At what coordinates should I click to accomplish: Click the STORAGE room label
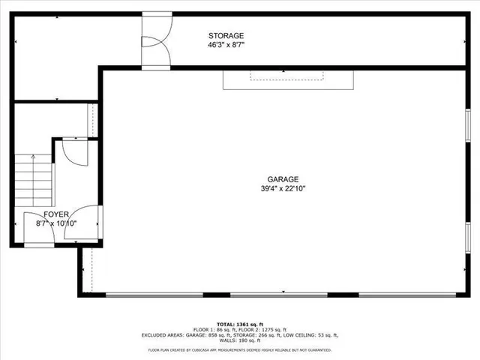pyautogui.click(x=226, y=35)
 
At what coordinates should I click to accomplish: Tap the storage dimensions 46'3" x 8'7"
pyautogui.click(x=226, y=45)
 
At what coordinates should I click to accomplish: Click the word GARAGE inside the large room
pyautogui.click(x=283, y=179)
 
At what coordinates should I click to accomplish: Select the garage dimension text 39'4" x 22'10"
pyautogui.click(x=283, y=189)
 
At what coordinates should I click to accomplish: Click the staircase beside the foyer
pyautogui.click(x=33, y=180)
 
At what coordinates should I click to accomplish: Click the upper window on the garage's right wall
pyautogui.click(x=467, y=130)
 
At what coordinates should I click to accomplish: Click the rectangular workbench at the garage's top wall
pyautogui.click(x=287, y=79)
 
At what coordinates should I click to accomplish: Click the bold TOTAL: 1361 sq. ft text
pyautogui.click(x=240, y=323)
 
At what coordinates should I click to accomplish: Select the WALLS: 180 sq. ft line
pyautogui.click(x=240, y=341)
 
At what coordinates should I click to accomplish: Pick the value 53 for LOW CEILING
pyautogui.click(x=316, y=335)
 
